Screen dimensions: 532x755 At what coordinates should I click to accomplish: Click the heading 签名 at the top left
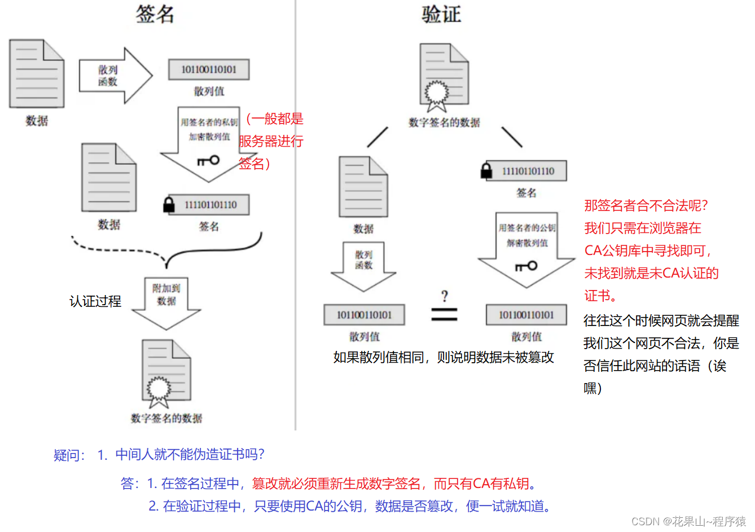tap(155, 14)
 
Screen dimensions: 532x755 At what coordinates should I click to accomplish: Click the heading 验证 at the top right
tap(441, 14)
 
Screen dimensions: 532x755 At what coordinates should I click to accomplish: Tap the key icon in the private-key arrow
tap(208, 161)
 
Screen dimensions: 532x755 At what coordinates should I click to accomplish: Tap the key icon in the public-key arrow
tap(526, 266)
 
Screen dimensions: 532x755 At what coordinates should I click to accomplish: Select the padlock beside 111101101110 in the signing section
tap(168, 205)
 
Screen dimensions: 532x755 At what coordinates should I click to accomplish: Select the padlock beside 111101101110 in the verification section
tap(486, 170)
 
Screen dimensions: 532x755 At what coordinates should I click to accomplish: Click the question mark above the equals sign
tap(445, 296)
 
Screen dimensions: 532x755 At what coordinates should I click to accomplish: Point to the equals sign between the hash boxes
tap(444, 314)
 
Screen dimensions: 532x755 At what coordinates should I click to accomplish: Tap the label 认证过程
tap(95, 301)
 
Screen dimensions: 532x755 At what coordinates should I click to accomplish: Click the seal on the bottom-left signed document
tap(159, 388)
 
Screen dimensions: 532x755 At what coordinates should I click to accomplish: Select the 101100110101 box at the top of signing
tap(209, 69)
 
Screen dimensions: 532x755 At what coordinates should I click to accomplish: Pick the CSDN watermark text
tap(688, 521)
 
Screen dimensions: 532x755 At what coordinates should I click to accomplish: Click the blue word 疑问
tap(68, 455)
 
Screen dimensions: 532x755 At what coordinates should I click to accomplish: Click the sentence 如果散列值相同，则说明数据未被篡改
tap(444, 357)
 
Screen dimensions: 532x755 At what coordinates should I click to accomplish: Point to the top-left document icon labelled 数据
tap(37, 73)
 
